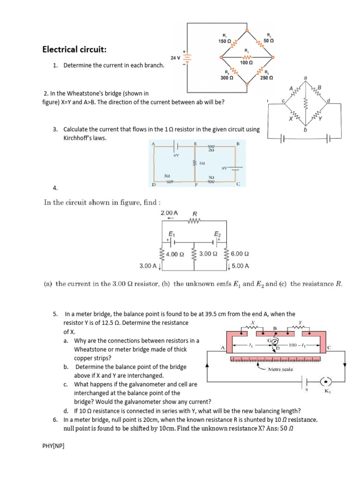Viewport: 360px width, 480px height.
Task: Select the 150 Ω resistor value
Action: pyautogui.click(x=225, y=42)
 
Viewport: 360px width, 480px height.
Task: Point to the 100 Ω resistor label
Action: pyautogui.click(x=247, y=62)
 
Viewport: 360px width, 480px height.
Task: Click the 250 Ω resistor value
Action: pyautogui.click(x=267, y=78)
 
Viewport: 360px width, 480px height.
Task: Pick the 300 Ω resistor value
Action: pyautogui.click(x=227, y=78)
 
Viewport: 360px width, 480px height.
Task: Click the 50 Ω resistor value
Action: pyautogui.click(x=269, y=41)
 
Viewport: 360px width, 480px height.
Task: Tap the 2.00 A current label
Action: pyautogui.click(x=169, y=213)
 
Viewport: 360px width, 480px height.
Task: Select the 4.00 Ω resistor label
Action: pyautogui.click(x=175, y=254)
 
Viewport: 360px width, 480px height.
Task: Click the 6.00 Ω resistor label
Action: pyautogui.click(x=240, y=254)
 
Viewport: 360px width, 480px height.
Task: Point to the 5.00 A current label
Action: pyautogui.click(x=240, y=266)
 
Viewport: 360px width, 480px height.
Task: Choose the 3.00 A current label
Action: pyautogui.click(x=148, y=266)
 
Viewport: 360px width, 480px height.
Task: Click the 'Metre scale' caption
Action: pyautogui.click(x=280, y=369)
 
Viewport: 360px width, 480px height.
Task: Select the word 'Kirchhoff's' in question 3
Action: pyautogui.click(x=78, y=138)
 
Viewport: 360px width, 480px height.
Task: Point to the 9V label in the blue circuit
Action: pyautogui.click(x=225, y=168)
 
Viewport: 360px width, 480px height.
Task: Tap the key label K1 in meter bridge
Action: pyautogui.click(x=327, y=392)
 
